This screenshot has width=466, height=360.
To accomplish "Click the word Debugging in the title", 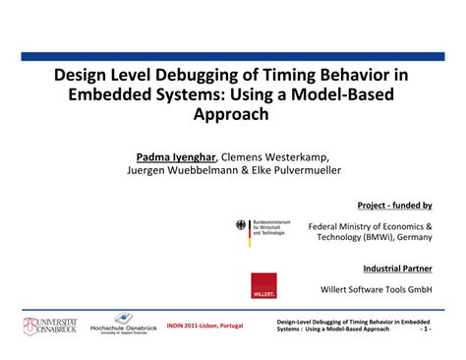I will point(191,75).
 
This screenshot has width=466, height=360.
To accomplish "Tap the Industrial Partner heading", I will point(397,268).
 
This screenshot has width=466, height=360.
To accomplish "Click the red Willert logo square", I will point(263,284).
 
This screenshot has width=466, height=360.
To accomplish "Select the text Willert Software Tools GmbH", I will point(377,289).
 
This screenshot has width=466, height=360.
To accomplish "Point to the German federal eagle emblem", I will point(242,226).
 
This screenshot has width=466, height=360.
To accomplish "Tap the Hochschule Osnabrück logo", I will point(122,324).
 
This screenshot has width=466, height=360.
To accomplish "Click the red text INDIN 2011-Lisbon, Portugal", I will point(205,325).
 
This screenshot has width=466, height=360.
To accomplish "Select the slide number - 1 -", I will point(425,330).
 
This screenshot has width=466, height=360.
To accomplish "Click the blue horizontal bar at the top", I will point(233,57).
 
